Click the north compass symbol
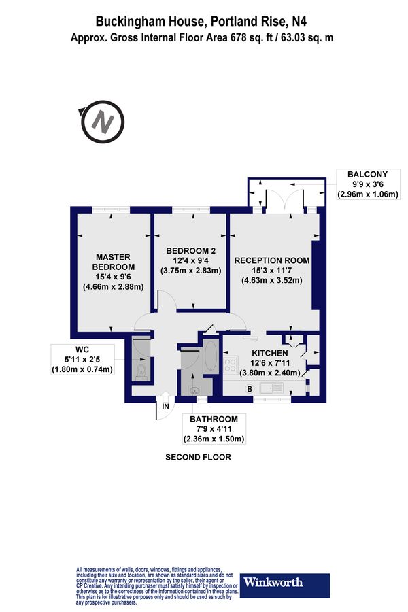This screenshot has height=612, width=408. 103,124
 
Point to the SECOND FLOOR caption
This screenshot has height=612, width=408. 198,458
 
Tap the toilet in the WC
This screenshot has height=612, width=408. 141,370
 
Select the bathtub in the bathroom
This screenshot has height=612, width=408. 209,358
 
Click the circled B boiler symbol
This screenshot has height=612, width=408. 249,388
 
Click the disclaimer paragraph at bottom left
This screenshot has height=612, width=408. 157,585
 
